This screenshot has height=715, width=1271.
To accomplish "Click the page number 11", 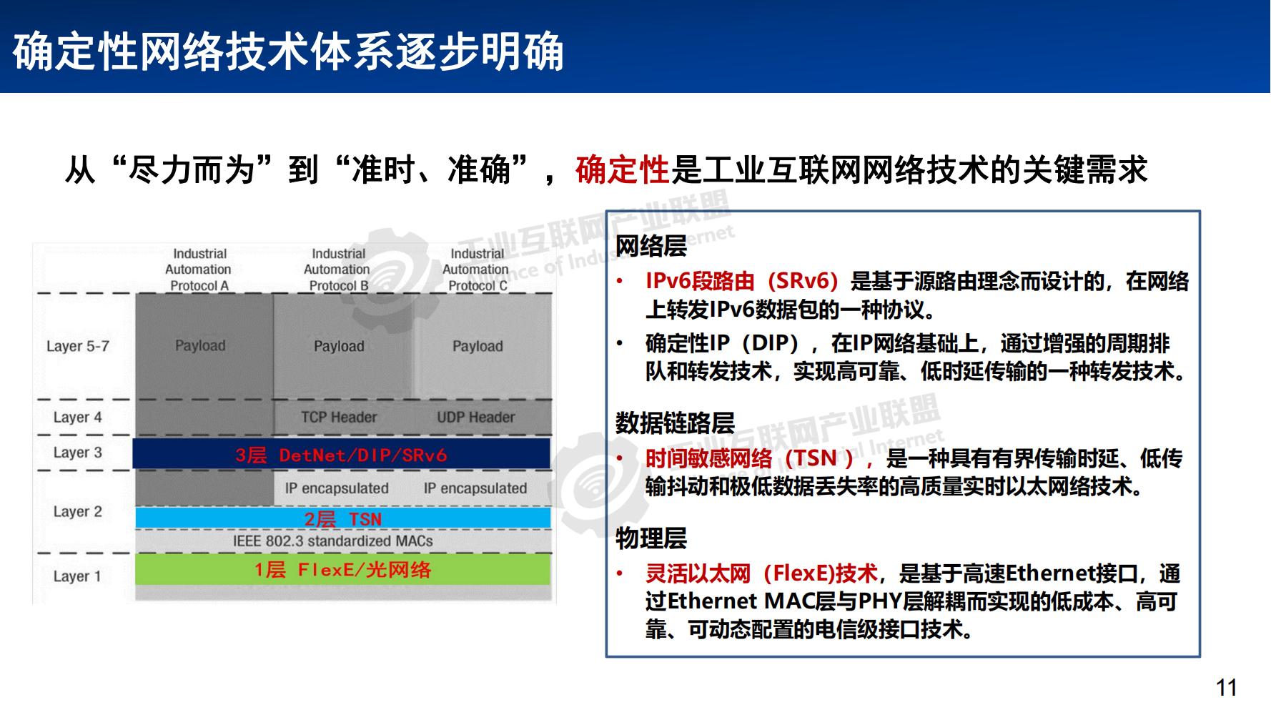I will click(x=1226, y=688).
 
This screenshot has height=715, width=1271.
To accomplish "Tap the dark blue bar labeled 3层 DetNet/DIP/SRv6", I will click(x=342, y=455).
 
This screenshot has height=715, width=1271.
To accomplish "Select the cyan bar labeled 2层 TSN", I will click(x=343, y=518).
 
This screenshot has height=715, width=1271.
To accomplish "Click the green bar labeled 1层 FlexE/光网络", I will click(x=342, y=570).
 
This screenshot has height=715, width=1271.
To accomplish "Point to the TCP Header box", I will click(x=339, y=417).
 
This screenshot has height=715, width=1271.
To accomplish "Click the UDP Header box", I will click(x=476, y=417).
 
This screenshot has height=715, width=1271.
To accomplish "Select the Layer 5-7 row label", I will click(x=78, y=346).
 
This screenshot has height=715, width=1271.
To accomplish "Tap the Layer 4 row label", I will click(x=78, y=417).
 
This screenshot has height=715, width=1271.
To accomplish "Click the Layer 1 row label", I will click(x=77, y=576).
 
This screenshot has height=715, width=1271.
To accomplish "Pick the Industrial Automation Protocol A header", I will click(x=199, y=270).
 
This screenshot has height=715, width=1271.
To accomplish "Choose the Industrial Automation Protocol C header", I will click(x=477, y=270).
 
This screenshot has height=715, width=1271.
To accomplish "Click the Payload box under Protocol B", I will click(x=339, y=346).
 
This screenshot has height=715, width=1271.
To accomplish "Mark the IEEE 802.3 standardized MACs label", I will click(x=333, y=541).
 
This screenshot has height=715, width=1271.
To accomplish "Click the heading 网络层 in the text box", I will click(x=651, y=246).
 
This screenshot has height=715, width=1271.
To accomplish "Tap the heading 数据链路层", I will click(x=675, y=423).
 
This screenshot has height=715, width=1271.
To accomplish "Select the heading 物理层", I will click(x=651, y=538).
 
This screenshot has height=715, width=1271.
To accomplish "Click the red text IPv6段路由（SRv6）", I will click(x=741, y=281).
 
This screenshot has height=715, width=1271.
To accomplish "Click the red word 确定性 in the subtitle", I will click(x=622, y=170).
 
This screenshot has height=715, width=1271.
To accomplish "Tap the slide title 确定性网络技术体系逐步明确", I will click(x=288, y=51).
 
